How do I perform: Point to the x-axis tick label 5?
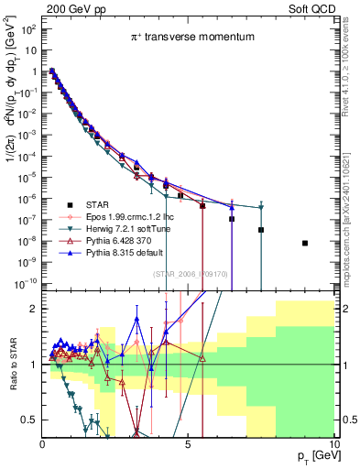(x=188, y=444)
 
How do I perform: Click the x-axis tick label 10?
(x=333, y=444)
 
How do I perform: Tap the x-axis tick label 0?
(x=42, y=444)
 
